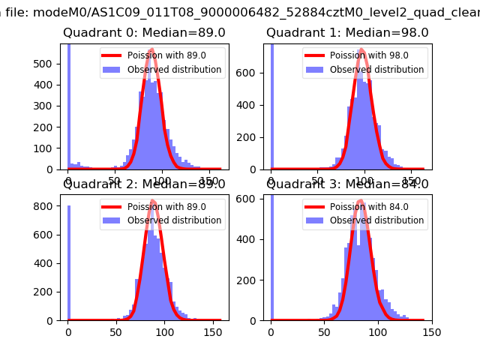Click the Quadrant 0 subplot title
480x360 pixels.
144,33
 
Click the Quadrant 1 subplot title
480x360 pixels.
347,33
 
